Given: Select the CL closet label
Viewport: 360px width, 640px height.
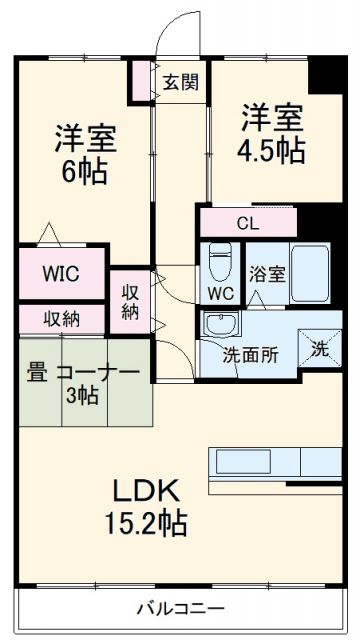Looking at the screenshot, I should [x=248, y=223].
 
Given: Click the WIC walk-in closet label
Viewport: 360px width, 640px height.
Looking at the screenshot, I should [x=61, y=273].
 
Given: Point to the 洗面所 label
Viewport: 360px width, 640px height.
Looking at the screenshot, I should [x=250, y=353].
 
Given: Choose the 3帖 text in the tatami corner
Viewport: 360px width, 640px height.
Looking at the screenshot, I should [x=82, y=395].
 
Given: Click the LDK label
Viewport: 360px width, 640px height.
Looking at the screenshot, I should [x=145, y=491].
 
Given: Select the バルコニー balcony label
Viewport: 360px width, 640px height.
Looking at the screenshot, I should [x=180, y=608].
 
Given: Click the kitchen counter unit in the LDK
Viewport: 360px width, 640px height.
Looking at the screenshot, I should [x=273, y=463].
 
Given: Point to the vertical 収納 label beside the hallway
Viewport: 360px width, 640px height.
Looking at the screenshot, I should [x=130, y=302].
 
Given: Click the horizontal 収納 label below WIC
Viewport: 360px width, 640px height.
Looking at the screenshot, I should [x=61, y=318].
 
